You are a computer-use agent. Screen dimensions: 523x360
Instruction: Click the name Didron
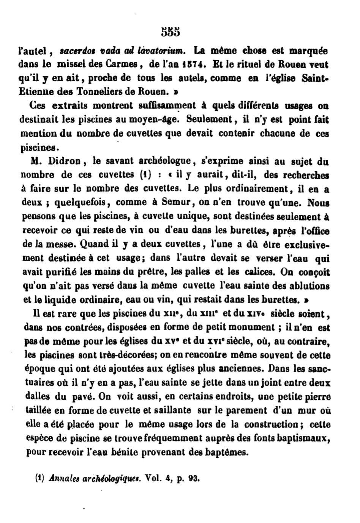click(65, 161)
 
